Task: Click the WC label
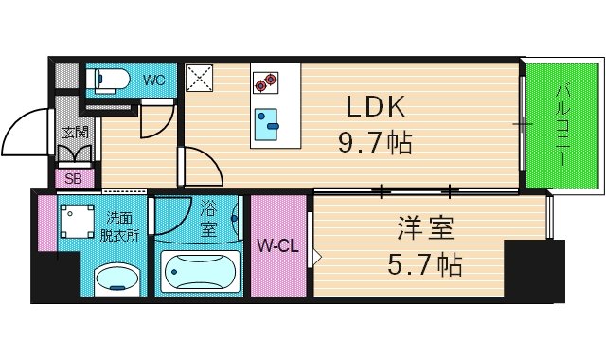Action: point(154,80)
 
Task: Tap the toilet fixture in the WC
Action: point(104,81)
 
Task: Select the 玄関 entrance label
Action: point(75,133)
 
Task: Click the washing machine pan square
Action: point(76,222)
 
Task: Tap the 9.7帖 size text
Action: point(375,144)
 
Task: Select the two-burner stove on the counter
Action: point(265,83)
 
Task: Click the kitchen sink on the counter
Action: point(266,119)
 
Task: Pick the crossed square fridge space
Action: point(200,78)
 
